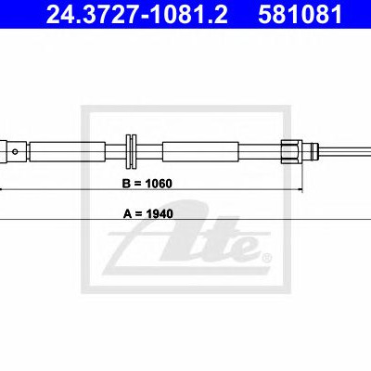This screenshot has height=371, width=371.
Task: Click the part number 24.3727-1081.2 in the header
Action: point(137,14)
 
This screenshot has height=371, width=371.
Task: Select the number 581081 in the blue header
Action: point(300,14)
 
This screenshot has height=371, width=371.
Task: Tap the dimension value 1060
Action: point(159,184)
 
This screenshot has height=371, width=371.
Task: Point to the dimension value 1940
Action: point(160,213)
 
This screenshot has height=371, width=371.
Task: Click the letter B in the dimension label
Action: point(127,184)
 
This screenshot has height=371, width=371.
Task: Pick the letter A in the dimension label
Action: point(128,213)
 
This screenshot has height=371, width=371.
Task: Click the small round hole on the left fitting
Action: point(15,151)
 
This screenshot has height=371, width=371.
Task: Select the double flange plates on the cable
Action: point(132,151)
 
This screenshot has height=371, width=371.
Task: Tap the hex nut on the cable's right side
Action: point(291,151)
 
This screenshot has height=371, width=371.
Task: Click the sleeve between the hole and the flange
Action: point(68,151)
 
